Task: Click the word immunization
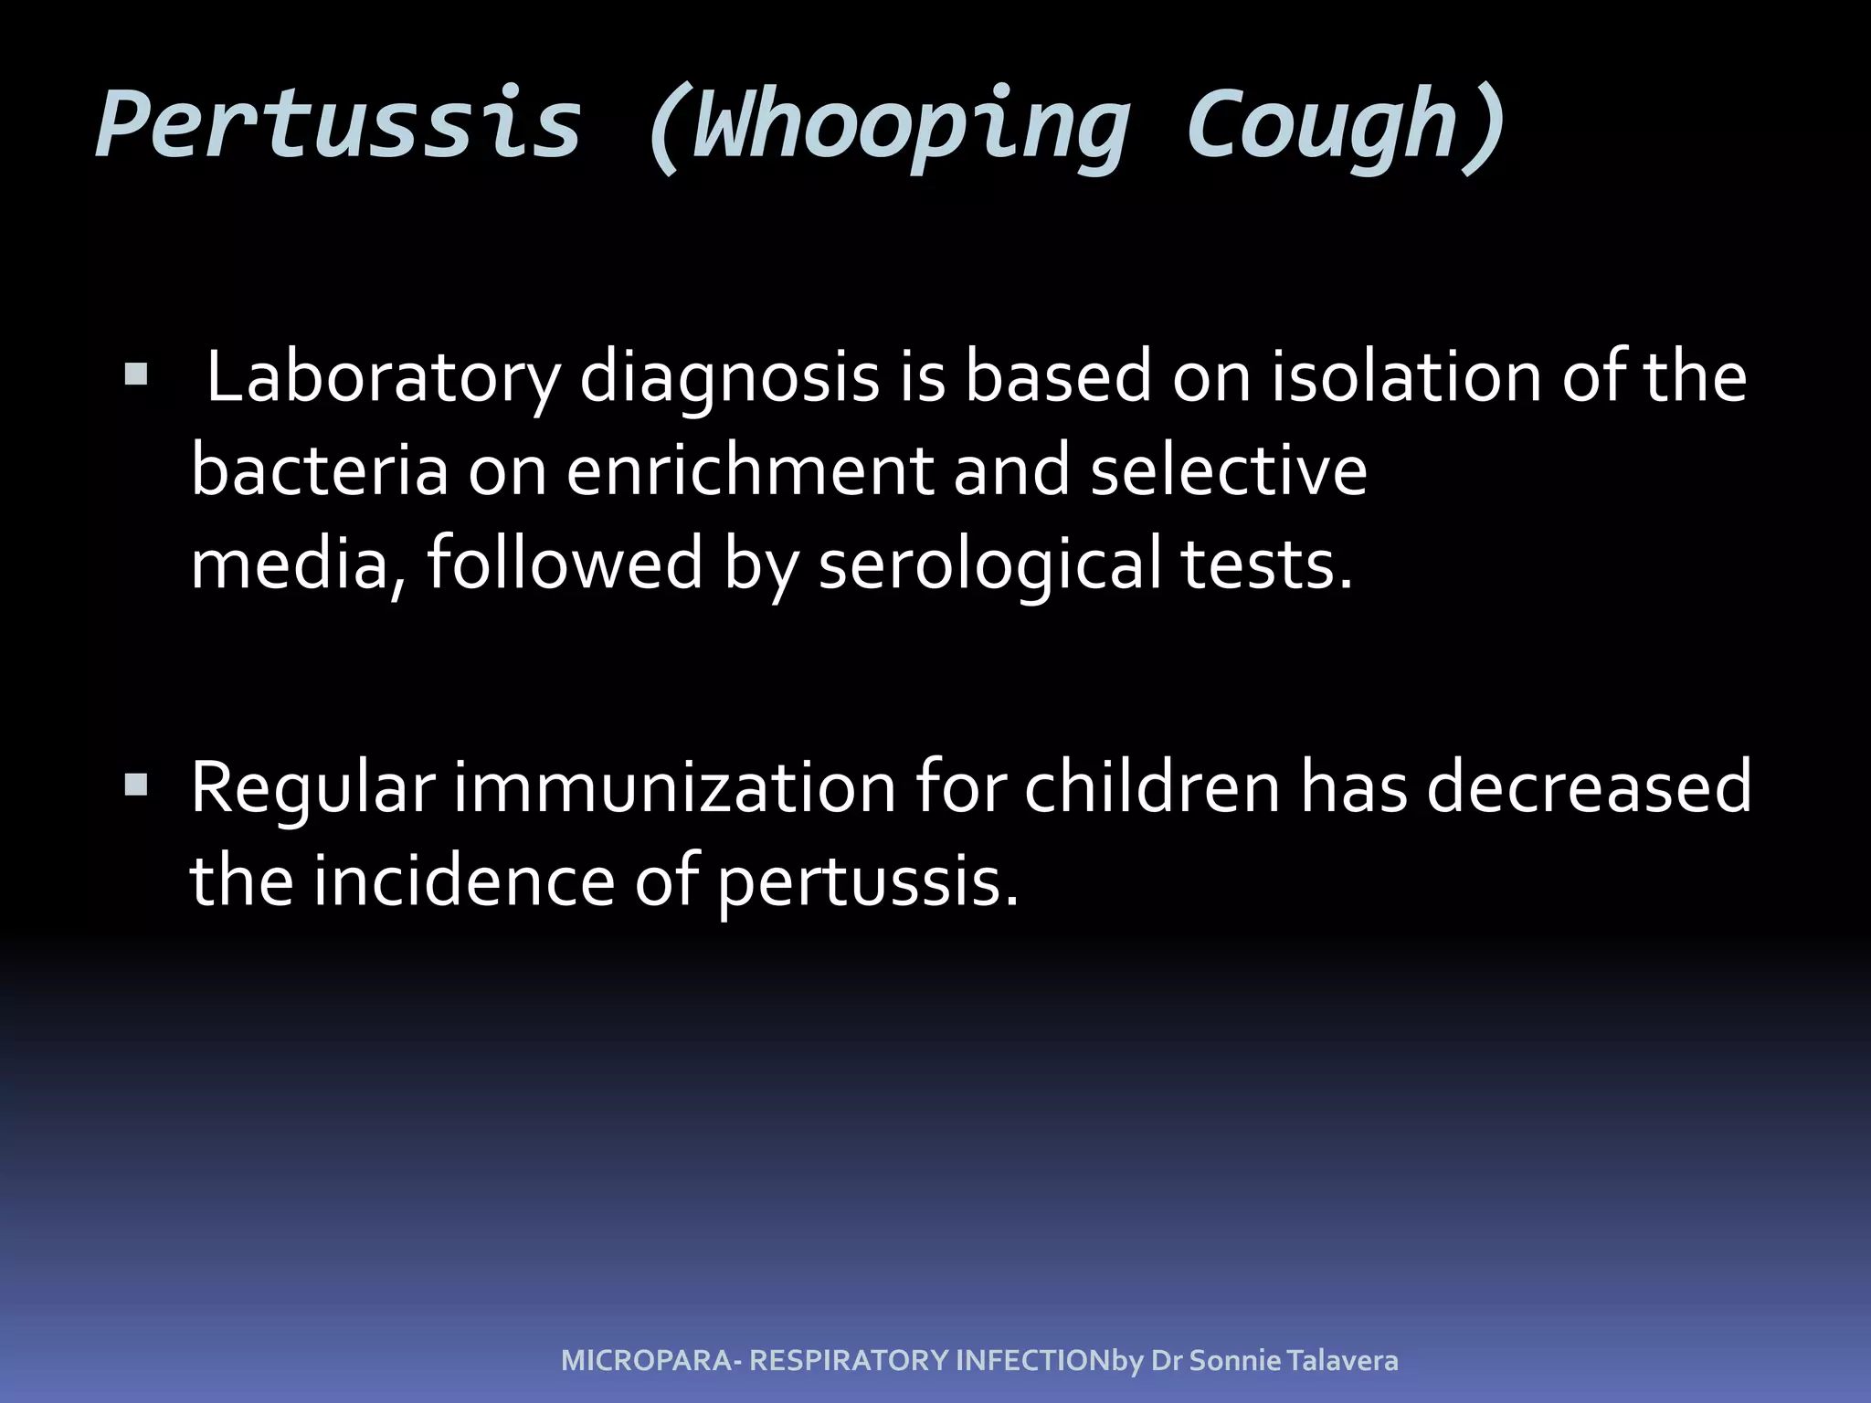pos(675,788)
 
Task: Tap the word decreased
pos(1589,788)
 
